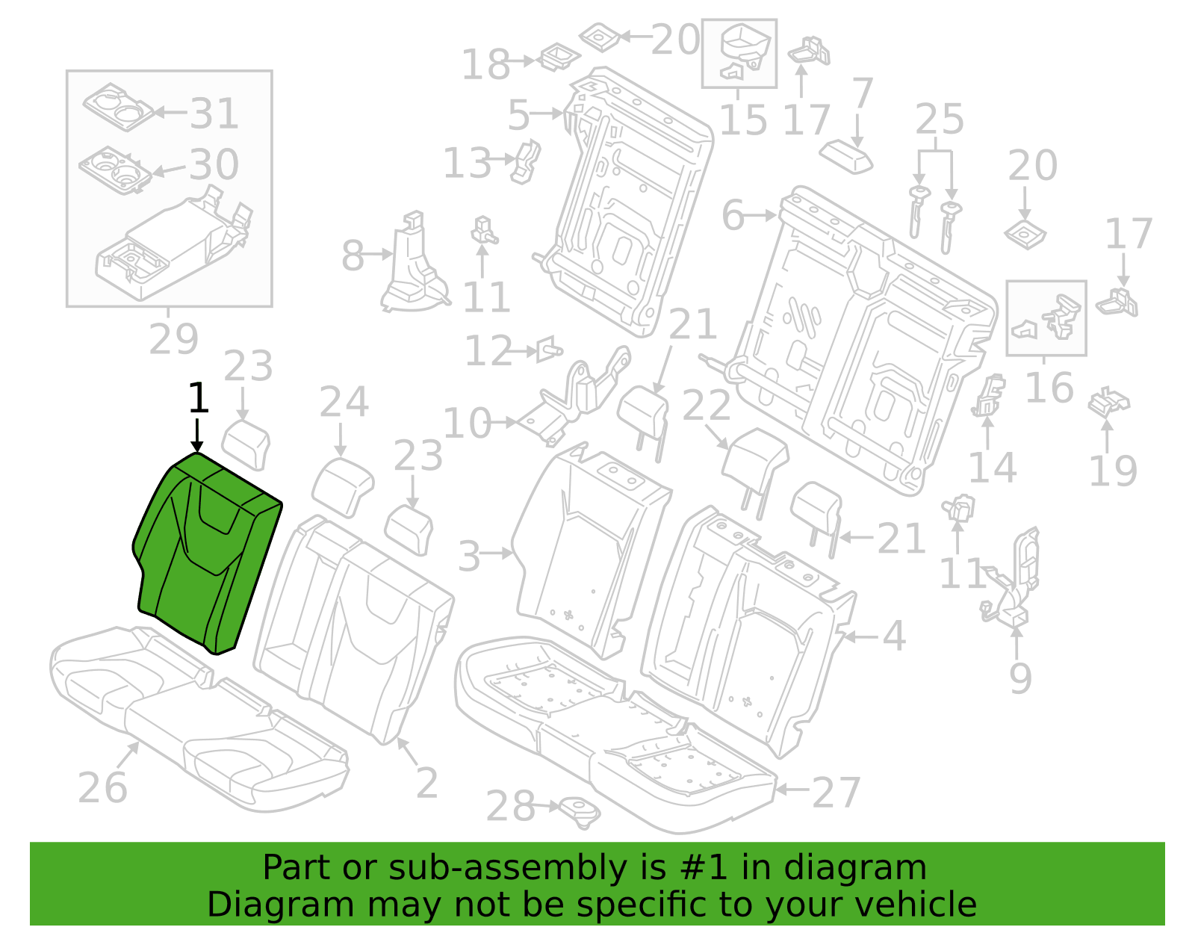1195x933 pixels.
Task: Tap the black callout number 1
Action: click(x=198, y=398)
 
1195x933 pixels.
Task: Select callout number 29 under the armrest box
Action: click(x=173, y=340)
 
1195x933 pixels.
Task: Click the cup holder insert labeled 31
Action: click(x=118, y=107)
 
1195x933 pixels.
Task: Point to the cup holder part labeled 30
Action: click(x=115, y=170)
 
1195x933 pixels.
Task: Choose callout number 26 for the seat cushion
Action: click(x=103, y=788)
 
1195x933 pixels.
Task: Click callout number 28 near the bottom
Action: click(x=510, y=807)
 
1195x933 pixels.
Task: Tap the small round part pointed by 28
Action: click(x=579, y=813)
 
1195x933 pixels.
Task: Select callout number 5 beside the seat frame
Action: click(x=518, y=116)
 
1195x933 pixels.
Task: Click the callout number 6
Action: click(x=733, y=215)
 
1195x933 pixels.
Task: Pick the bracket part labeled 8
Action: click(x=414, y=262)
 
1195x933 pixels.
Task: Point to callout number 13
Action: click(x=467, y=164)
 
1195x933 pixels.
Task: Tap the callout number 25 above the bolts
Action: click(x=940, y=119)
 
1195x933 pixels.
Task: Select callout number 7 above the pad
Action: click(x=862, y=93)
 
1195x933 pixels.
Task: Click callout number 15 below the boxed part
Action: click(x=743, y=120)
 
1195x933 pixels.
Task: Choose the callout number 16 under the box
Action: click(x=1049, y=388)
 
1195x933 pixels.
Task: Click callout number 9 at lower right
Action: click(x=1020, y=678)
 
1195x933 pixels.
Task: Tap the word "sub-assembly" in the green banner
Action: click(x=507, y=867)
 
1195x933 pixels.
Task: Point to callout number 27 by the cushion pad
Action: click(x=836, y=793)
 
